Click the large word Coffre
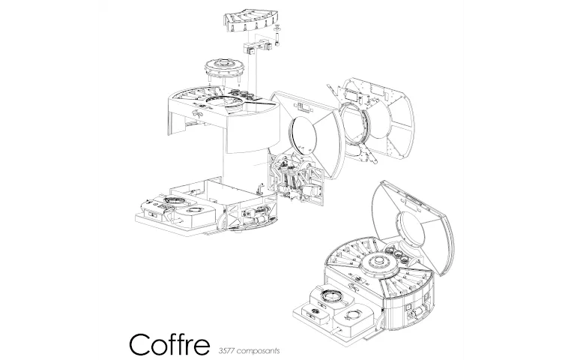pos(169,344)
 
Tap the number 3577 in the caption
pos(226,350)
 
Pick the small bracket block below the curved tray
pos(256,47)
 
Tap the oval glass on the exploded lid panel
pos(303,133)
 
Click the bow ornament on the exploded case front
pos(197,114)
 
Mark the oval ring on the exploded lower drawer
pos(174,199)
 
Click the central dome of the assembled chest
pos(380,265)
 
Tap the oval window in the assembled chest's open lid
pos(411,231)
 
